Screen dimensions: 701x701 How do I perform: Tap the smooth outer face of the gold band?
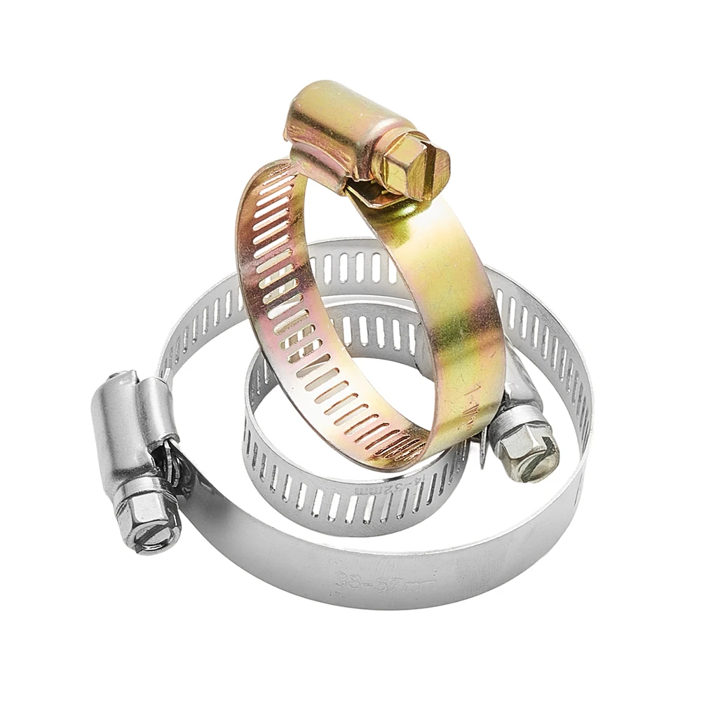pos(449,294)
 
